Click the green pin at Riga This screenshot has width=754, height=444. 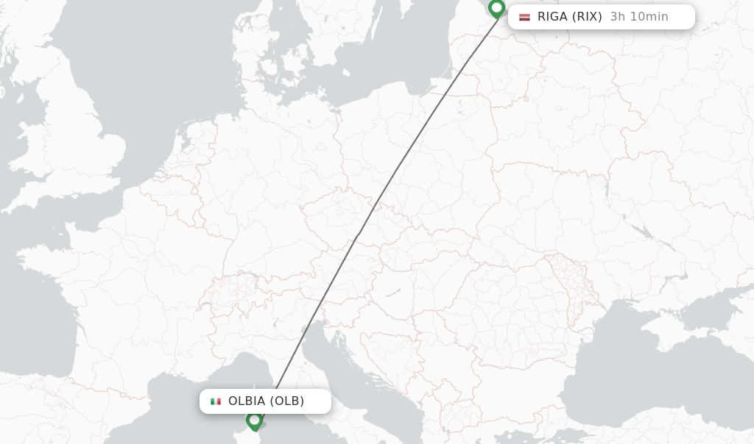click(x=496, y=8)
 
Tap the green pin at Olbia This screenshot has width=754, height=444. click(x=255, y=420)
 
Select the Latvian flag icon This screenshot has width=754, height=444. click(x=524, y=17)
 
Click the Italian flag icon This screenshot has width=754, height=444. click(x=216, y=401)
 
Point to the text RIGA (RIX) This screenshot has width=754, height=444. click(x=569, y=17)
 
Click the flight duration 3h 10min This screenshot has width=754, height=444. click(x=639, y=17)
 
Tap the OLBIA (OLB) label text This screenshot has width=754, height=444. click(x=266, y=401)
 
